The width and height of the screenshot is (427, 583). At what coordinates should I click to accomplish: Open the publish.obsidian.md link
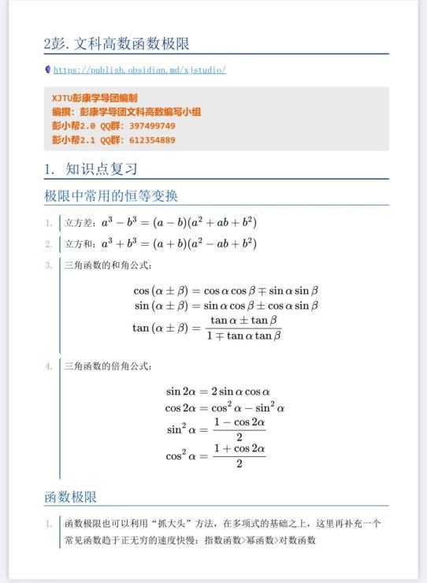[140, 70]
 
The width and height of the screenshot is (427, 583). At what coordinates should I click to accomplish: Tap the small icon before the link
[48, 70]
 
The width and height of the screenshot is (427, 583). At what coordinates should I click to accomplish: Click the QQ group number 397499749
[152, 126]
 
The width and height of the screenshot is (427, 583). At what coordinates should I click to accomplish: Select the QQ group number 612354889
[152, 140]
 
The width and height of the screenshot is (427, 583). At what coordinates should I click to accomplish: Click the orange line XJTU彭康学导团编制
[95, 98]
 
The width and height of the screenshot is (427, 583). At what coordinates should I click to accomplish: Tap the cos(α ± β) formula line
[225, 290]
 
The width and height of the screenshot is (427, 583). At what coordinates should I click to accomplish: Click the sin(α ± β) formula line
[225, 306]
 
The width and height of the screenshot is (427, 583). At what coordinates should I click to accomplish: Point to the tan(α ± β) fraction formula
[208, 328]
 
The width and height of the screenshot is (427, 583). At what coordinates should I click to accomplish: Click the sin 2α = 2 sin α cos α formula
[217, 392]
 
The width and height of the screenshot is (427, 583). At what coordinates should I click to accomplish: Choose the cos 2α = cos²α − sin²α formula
[225, 408]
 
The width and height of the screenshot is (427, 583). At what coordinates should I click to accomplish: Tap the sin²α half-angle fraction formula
[215, 431]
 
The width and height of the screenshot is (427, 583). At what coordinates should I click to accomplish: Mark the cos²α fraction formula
[215, 456]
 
